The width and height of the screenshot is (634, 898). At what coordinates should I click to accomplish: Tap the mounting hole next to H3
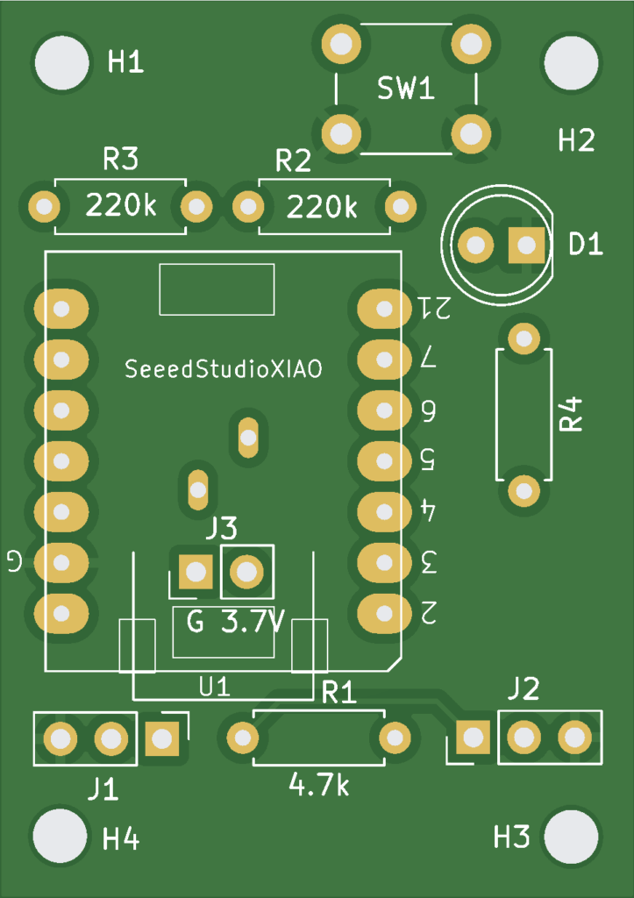(x=572, y=837)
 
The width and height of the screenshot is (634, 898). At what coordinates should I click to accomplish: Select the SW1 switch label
(x=406, y=89)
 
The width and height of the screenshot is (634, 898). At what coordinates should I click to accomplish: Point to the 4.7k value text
(x=318, y=785)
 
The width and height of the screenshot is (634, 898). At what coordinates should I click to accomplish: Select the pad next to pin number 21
(x=383, y=308)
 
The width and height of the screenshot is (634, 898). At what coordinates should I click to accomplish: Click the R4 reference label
(x=573, y=413)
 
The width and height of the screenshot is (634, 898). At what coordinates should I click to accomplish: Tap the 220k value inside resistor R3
(x=120, y=207)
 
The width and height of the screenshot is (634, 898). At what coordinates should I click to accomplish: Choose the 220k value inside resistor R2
(x=323, y=207)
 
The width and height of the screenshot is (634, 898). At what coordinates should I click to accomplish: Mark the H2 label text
(x=576, y=139)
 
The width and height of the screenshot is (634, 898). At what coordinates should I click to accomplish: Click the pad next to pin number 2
(x=383, y=611)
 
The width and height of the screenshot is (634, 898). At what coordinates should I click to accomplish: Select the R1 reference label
(x=338, y=693)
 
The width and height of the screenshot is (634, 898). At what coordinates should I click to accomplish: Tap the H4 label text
(x=121, y=839)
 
